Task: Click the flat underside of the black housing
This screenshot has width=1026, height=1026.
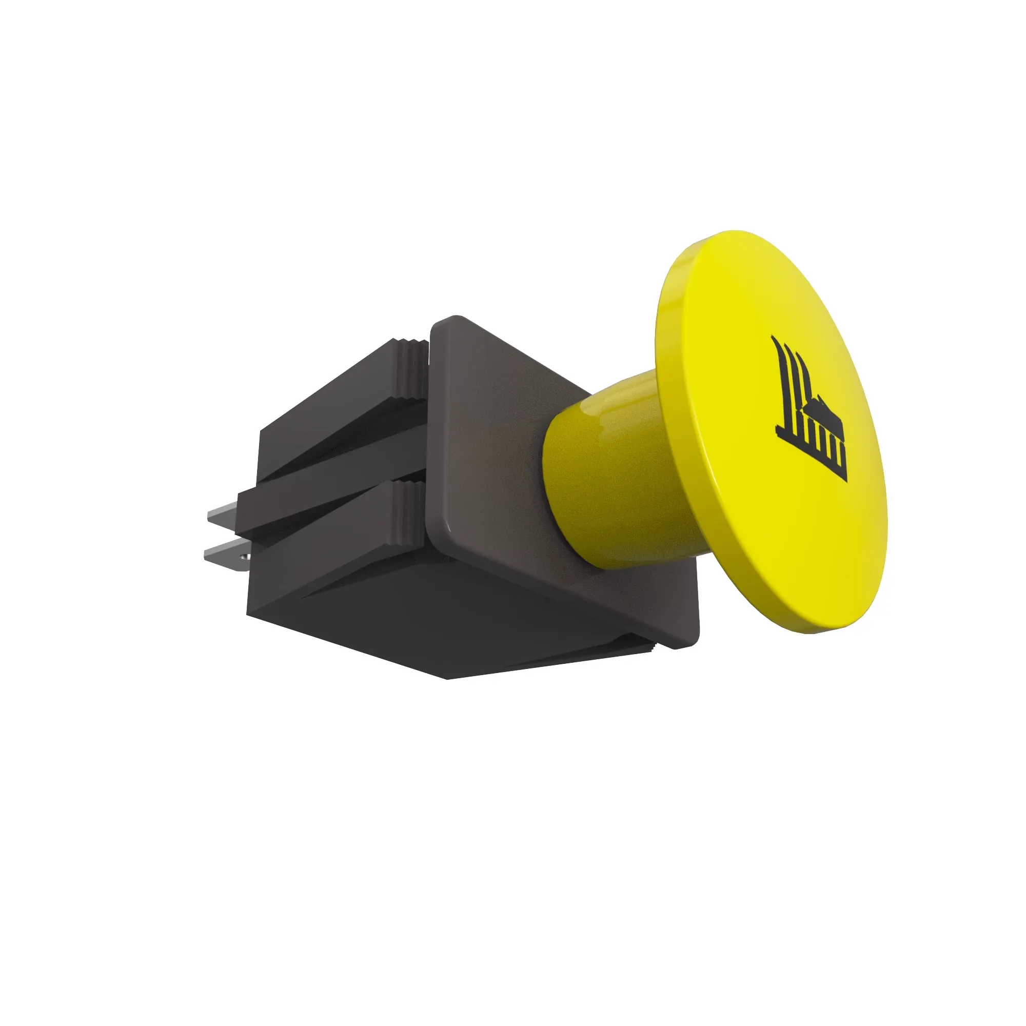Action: pyautogui.click(x=425, y=621)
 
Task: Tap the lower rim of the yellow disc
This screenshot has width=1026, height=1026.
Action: pyautogui.click(x=828, y=621)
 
